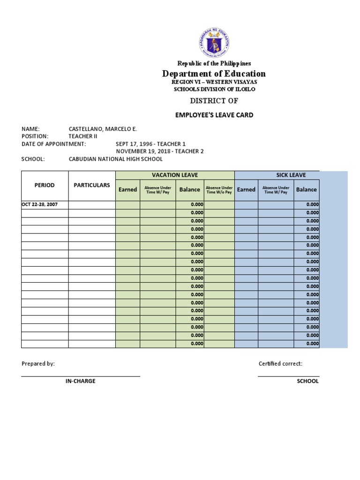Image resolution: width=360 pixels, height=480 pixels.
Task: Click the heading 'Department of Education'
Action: pyautogui.click(x=214, y=74)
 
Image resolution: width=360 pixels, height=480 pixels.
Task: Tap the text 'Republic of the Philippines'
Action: pyautogui.click(x=214, y=63)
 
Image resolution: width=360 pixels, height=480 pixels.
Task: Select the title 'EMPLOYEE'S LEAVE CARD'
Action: pyautogui.click(x=214, y=115)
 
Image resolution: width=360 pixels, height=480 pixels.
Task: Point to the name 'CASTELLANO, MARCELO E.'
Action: pyautogui.click(x=103, y=129)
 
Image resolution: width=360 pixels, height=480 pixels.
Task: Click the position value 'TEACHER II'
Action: pyautogui.click(x=82, y=136)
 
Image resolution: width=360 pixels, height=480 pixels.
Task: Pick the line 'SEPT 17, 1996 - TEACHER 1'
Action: pyautogui.click(x=150, y=144)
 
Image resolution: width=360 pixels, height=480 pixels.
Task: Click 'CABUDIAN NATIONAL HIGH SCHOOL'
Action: pyautogui.click(x=115, y=159)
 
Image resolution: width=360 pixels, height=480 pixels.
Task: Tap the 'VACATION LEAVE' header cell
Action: pyautogui.click(x=174, y=175)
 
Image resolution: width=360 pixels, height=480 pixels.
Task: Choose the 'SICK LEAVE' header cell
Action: pyautogui.click(x=291, y=175)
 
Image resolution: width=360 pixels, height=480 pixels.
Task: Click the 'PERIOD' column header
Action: pyautogui.click(x=45, y=185)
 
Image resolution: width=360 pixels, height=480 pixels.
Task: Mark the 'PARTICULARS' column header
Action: pyautogui.click(x=92, y=185)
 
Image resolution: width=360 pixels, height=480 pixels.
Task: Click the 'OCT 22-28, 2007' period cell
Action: pyautogui.click(x=43, y=204)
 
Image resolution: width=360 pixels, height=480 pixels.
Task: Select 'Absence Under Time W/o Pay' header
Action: pyautogui.click(x=219, y=190)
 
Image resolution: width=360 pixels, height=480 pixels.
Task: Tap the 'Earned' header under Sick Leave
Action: pyautogui.click(x=246, y=189)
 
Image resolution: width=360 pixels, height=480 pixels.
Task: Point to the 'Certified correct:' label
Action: pyautogui.click(x=280, y=364)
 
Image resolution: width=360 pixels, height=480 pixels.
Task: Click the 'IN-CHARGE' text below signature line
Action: pyautogui.click(x=80, y=381)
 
